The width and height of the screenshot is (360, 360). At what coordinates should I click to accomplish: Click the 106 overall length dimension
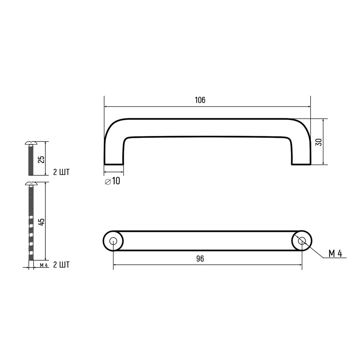click(200, 100)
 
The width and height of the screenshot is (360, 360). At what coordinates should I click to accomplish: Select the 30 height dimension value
click(318, 142)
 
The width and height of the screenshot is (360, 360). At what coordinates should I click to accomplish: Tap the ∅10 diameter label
click(112, 181)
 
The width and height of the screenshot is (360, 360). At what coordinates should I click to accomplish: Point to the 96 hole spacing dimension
click(200, 259)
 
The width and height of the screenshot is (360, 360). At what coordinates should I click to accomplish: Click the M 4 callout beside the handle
click(335, 254)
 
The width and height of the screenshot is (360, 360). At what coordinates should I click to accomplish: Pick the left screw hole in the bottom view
click(113, 241)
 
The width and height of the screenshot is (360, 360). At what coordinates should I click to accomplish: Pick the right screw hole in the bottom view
click(302, 241)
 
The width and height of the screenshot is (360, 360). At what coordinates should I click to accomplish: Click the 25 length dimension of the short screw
click(41, 159)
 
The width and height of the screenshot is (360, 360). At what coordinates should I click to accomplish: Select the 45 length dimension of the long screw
click(41, 221)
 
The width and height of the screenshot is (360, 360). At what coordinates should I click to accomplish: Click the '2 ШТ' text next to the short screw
click(61, 172)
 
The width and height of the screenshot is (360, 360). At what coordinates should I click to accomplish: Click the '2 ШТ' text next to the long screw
click(61, 265)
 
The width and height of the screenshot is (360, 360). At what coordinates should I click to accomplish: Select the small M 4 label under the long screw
click(44, 265)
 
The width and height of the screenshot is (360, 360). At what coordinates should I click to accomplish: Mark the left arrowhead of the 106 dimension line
click(107, 107)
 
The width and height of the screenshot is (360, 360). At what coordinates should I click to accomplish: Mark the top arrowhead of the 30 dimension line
click(324, 121)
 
